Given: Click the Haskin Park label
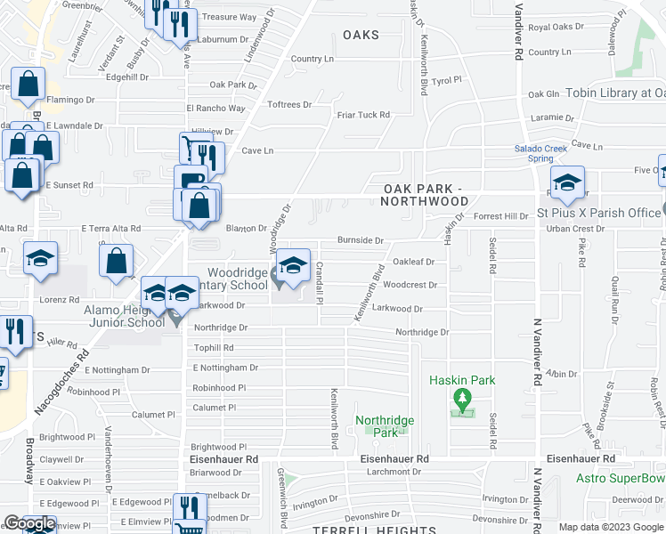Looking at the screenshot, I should click(x=461, y=380).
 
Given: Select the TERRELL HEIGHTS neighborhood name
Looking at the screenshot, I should click(x=357, y=530).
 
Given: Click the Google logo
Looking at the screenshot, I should click(x=29, y=524).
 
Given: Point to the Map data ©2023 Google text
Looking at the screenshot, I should click(x=611, y=527).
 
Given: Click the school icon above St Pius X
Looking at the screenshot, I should click(x=567, y=183).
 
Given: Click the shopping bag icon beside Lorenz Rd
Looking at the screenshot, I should click(x=116, y=262).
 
